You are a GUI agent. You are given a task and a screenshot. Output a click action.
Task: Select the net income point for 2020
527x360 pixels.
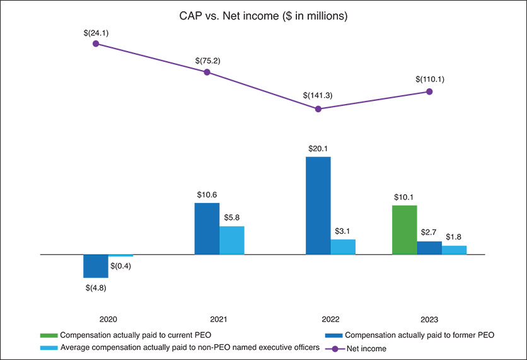click(x=96, y=44)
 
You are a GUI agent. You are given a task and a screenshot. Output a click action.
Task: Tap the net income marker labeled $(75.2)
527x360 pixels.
click(x=207, y=72)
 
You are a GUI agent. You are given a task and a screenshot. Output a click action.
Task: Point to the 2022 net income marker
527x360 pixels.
click(x=318, y=109)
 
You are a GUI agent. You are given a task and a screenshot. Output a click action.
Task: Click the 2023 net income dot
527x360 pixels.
click(x=429, y=91)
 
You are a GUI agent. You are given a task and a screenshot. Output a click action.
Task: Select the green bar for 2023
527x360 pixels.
click(x=405, y=229)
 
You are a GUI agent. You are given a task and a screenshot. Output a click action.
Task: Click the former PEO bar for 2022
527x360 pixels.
click(x=318, y=206)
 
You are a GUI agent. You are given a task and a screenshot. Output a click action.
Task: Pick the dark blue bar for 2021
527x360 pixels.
click(x=207, y=228)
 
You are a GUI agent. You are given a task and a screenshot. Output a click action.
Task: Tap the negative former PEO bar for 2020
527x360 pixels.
click(x=96, y=266)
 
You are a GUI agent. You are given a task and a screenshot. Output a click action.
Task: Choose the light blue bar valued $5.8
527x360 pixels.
click(x=231, y=240)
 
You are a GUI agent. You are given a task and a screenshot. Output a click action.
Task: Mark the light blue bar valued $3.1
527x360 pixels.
click(x=343, y=247)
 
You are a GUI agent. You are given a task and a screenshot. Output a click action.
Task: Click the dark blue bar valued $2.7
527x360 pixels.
click(x=429, y=248)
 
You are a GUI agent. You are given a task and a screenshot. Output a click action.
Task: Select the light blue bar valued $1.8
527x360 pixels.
click(x=454, y=250)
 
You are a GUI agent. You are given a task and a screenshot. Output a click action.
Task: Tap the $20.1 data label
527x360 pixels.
click(x=318, y=149)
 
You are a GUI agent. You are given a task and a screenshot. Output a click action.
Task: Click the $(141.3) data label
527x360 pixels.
click(x=318, y=95)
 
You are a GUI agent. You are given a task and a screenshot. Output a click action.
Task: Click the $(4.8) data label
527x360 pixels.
click(x=96, y=288)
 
